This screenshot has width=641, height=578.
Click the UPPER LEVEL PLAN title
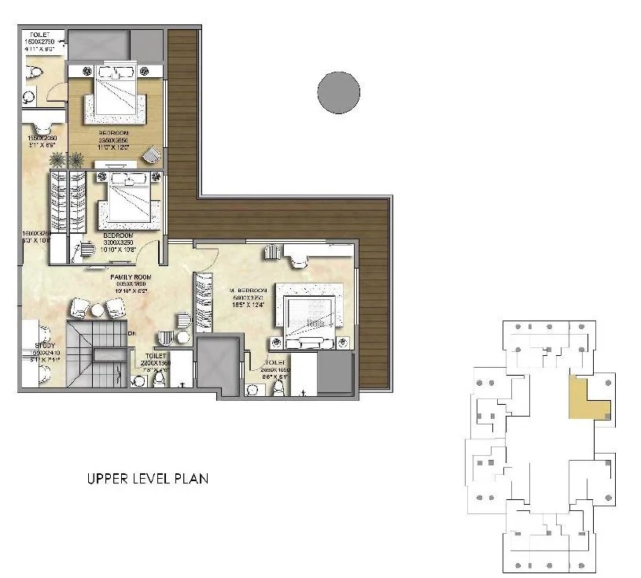pos(147,478)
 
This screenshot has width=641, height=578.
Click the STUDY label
pos(34,343)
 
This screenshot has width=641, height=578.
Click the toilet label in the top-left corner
pos(38,35)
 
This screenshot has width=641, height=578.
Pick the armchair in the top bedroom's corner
pos(152,156)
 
